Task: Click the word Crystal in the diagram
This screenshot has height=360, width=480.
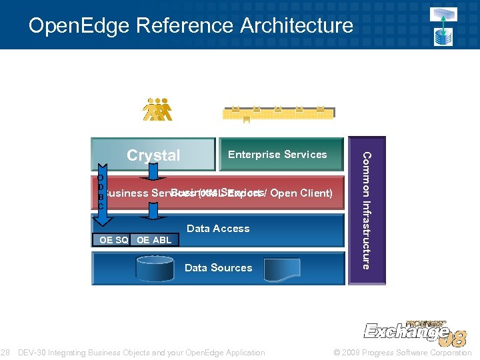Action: click(x=153, y=155)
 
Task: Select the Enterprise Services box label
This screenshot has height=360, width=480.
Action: click(x=277, y=155)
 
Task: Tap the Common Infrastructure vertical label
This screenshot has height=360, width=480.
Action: click(x=365, y=210)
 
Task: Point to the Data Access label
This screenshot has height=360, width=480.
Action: click(x=218, y=229)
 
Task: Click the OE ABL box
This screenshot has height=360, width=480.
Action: click(x=154, y=240)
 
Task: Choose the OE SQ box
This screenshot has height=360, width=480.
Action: click(x=113, y=240)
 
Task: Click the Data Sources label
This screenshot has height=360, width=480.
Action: click(x=218, y=268)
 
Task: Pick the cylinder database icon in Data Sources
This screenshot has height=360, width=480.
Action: click(x=155, y=268)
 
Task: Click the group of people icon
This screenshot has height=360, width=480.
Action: click(x=157, y=110)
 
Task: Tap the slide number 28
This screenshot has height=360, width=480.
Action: click(x=5, y=353)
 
